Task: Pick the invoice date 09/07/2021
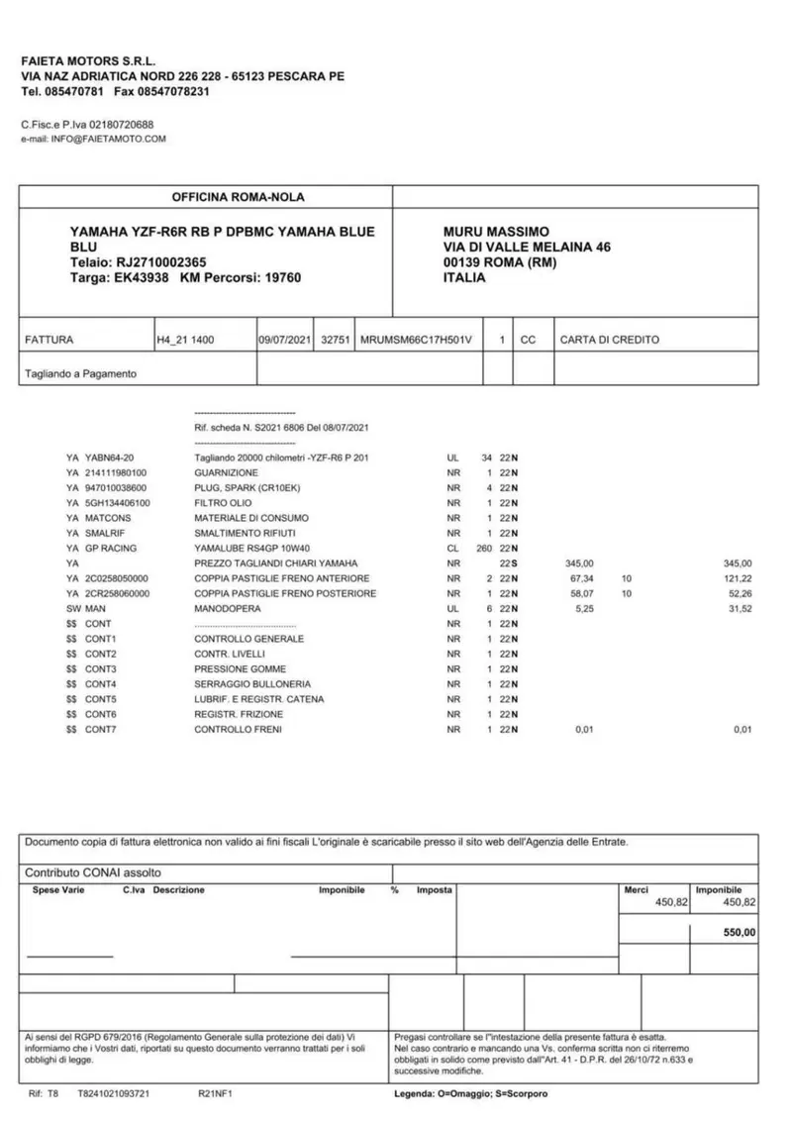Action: (285, 340)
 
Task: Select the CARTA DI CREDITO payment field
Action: (609, 340)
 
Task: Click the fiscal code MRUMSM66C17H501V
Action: (418, 340)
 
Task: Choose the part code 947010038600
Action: (116, 488)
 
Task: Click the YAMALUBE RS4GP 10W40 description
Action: (254, 548)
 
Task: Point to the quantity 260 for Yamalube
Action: (483, 548)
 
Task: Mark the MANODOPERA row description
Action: (228, 608)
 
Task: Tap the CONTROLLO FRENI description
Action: (238, 730)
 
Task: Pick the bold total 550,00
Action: (739, 932)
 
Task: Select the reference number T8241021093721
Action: (114, 1094)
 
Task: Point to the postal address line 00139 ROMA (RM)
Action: (500, 262)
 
